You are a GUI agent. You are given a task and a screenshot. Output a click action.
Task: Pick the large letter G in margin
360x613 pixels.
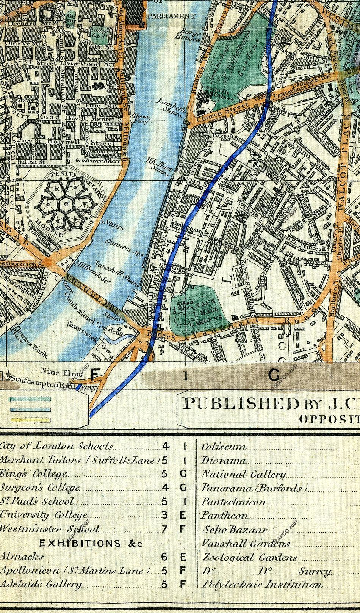tap(274, 375)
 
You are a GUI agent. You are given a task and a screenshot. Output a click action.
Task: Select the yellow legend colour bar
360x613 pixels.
tap(30, 420)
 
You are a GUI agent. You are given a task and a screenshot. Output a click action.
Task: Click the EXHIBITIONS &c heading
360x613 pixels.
tap(91, 543)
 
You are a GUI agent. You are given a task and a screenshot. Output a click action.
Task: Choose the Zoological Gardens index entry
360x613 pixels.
tap(250, 558)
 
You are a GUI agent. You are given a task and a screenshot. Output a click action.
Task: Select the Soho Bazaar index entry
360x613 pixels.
tap(235, 530)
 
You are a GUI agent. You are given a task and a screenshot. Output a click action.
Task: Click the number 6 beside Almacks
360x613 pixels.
tap(164, 557)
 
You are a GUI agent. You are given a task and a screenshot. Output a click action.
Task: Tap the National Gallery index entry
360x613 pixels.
tap(243, 474)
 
